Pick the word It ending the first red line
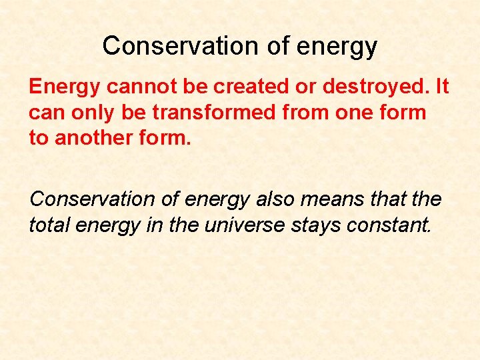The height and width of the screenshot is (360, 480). tap(442, 87)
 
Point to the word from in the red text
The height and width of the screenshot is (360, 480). tap(301, 113)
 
